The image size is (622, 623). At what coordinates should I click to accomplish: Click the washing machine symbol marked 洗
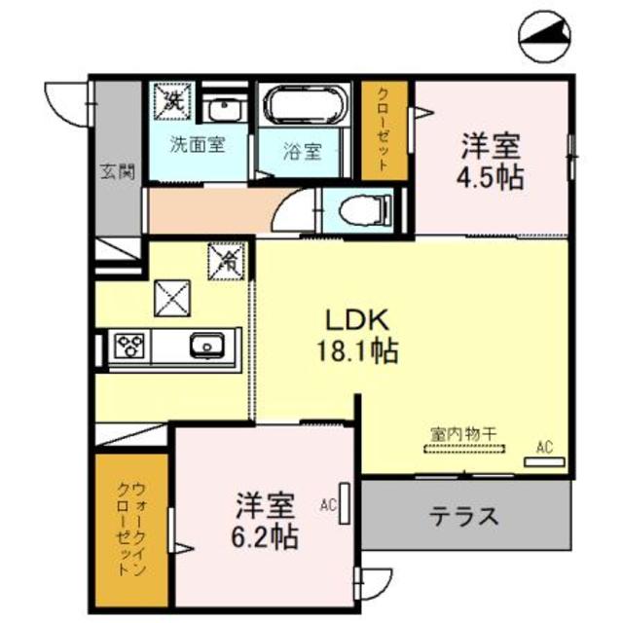click(171, 99)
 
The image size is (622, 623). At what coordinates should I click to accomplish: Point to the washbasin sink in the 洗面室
click(222, 108)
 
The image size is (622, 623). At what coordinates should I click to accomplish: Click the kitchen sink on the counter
click(205, 346)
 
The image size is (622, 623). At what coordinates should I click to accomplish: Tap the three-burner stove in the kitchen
click(130, 346)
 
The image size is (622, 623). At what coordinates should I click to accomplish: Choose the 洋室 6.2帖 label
click(265, 520)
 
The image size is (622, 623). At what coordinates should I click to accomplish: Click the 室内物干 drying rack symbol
click(464, 448)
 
